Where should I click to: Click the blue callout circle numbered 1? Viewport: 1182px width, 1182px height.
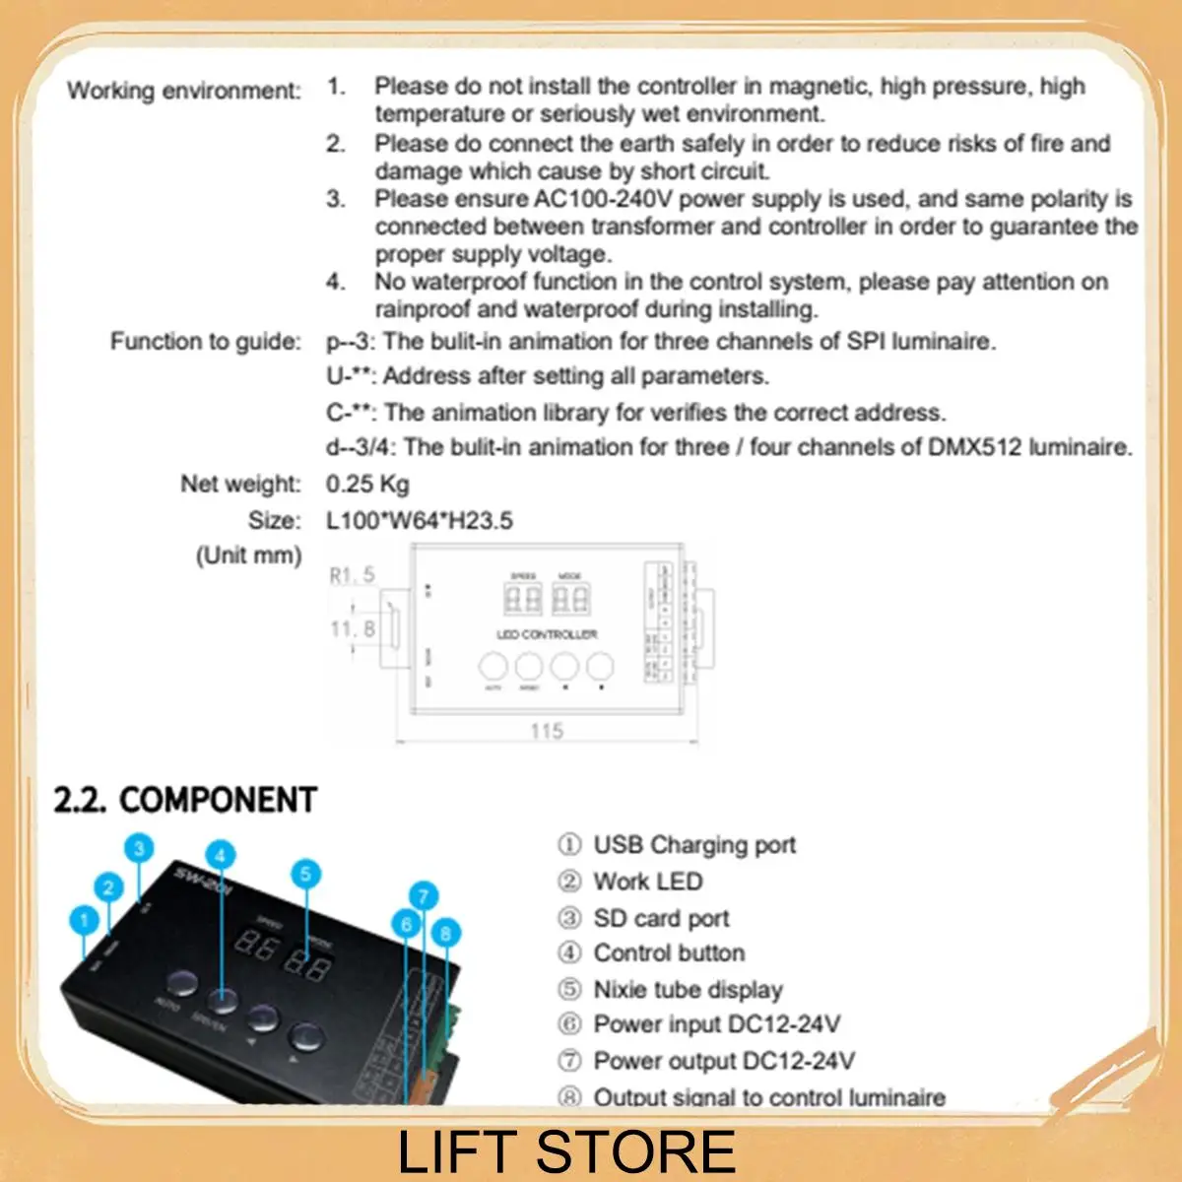coord(85,920)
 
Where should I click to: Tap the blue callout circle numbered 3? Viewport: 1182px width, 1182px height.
coord(140,848)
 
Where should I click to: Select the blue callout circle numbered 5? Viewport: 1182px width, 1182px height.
coord(305,873)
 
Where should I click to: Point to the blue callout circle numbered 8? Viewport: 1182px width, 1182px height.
coord(446,932)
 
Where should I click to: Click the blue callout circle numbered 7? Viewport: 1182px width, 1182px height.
coord(423,896)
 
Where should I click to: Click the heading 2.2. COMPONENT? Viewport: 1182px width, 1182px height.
coord(185,800)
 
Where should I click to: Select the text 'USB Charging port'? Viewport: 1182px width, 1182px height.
coord(694,845)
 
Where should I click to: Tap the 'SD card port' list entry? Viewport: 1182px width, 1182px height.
coord(661,918)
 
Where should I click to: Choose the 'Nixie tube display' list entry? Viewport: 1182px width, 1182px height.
coord(688,989)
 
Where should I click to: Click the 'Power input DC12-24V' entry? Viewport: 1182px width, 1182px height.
coord(716,1024)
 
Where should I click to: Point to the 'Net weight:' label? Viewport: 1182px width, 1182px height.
coord(239,484)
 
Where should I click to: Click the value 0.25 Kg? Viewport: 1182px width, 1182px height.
coord(367,484)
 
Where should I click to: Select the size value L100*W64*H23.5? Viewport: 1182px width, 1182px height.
coord(420,520)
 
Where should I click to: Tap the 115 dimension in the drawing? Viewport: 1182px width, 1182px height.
coord(547,730)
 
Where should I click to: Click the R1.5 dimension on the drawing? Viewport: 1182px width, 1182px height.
coord(352,574)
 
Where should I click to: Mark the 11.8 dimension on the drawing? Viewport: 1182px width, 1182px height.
coord(352,627)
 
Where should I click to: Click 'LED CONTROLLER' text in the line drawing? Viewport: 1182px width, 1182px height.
coord(547,634)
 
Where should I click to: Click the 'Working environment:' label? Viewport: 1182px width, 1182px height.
coord(183,91)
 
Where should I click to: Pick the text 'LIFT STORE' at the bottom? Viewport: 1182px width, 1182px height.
coord(566,1151)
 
